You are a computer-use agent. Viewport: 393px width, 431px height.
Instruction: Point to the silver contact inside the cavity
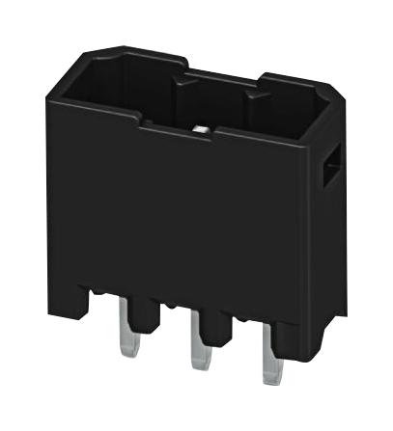tap(203, 128)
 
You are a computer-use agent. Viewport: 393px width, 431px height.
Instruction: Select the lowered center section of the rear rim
tap(222, 74)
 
